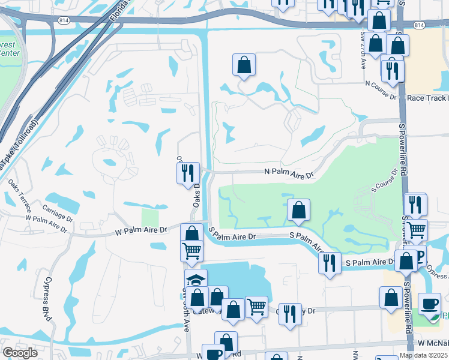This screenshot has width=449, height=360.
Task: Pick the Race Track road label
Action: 427,98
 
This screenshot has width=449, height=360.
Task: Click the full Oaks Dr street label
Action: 196,195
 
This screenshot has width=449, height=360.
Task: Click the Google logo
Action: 20,353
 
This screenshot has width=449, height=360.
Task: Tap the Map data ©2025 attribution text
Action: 423,355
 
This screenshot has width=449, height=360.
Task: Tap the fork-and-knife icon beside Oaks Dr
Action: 188,173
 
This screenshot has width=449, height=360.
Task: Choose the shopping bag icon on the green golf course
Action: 298,210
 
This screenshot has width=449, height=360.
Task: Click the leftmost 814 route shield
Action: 64,20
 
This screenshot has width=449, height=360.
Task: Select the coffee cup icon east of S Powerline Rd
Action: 429,304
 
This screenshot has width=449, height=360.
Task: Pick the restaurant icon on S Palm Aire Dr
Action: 329,263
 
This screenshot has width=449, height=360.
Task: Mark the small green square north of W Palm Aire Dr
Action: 149,217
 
